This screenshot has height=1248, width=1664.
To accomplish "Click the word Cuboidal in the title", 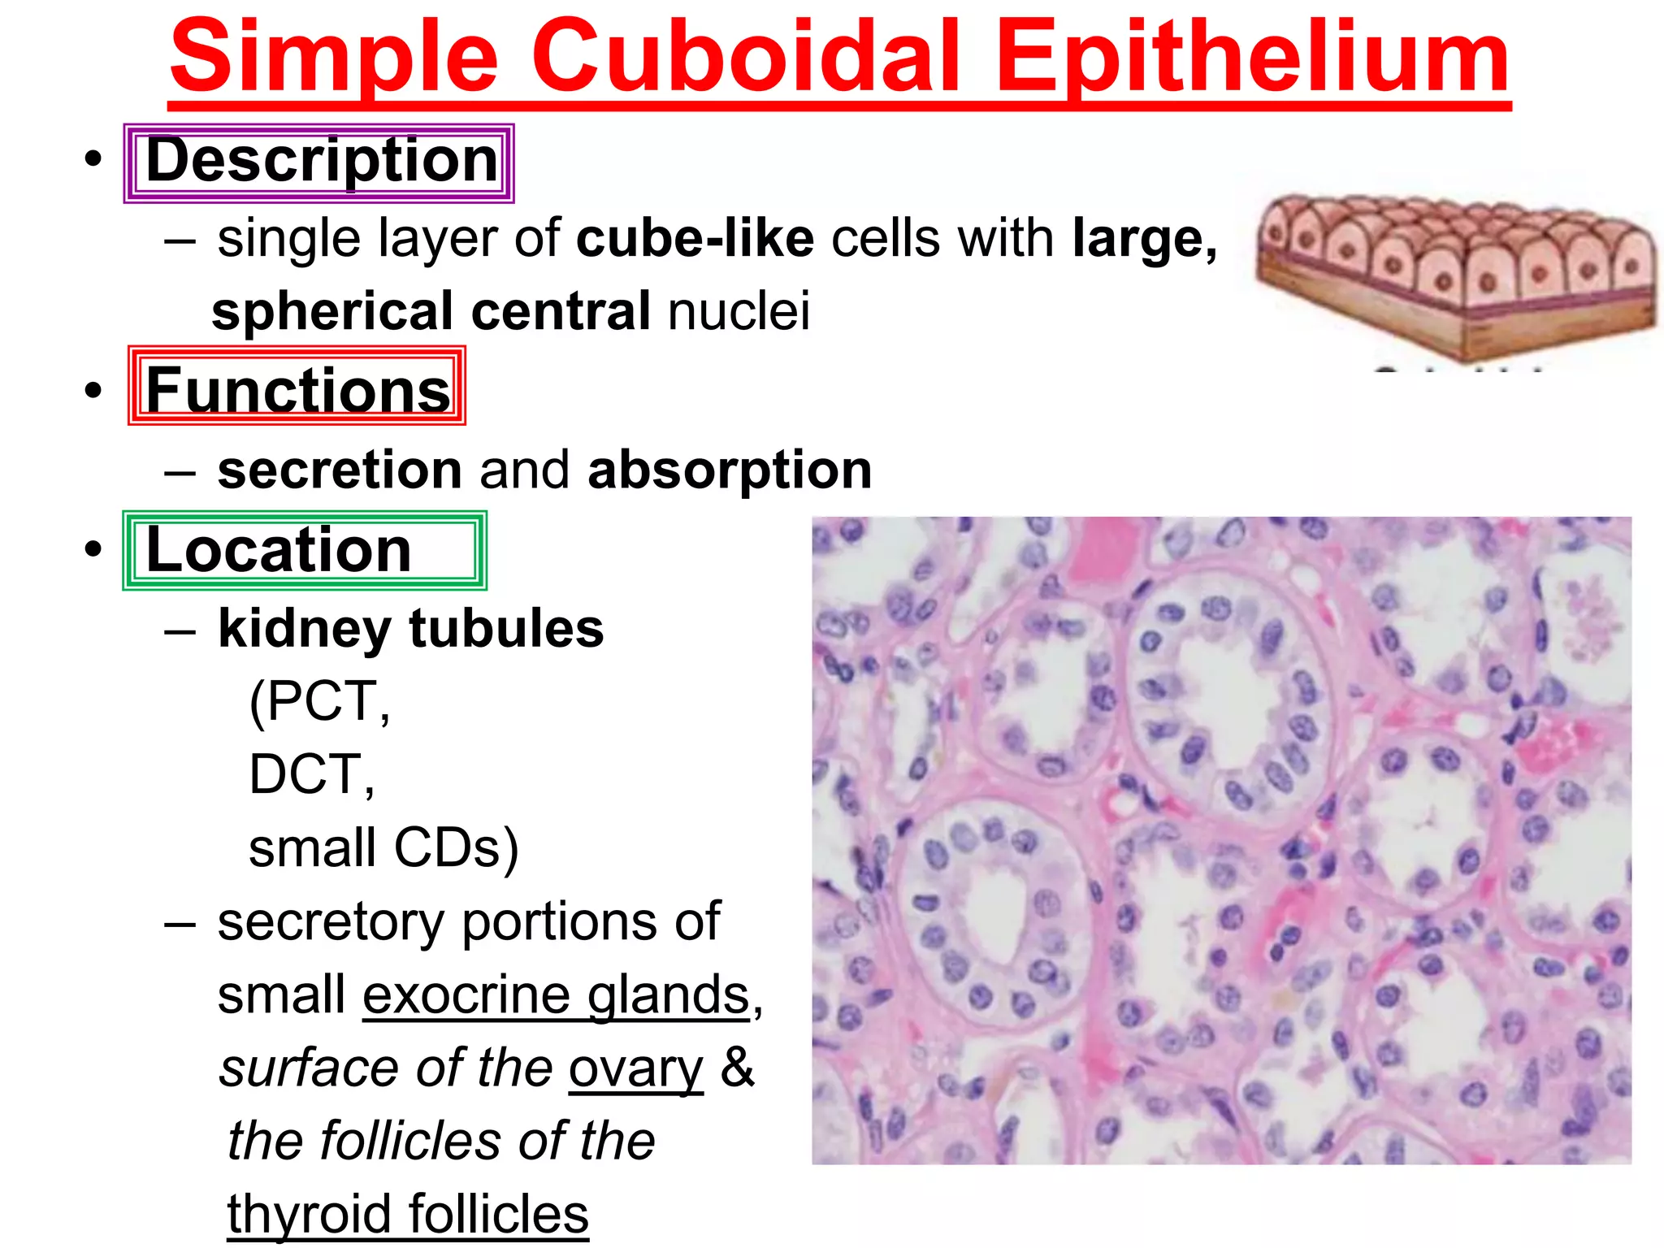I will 746,58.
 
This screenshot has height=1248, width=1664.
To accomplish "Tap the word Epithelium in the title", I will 1252,58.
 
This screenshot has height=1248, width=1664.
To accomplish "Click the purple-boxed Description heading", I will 320,162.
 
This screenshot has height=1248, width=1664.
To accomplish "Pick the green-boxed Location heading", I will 279,551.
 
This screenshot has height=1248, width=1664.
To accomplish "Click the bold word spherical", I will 332,311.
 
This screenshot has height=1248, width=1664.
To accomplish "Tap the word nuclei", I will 739,311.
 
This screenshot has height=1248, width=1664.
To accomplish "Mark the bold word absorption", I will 730,471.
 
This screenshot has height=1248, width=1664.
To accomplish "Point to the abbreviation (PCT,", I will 319,701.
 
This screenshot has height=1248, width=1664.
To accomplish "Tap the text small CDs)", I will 383,848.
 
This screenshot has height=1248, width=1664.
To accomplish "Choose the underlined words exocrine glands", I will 556,996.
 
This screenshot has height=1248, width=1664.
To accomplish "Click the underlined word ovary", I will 635,1069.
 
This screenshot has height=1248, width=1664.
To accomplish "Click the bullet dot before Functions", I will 94,389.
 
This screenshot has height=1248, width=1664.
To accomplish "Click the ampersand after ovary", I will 737,1067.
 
